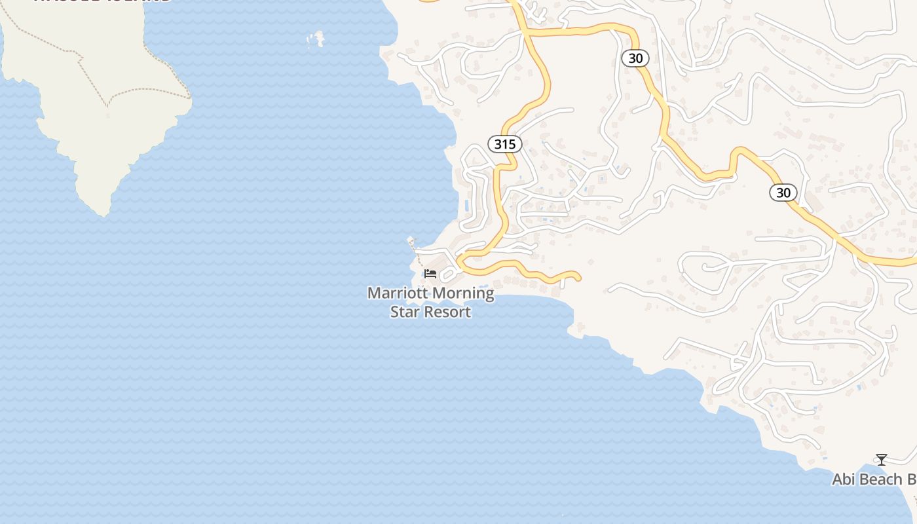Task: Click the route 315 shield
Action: (x=504, y=144)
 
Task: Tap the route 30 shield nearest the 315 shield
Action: (x=635, y=58)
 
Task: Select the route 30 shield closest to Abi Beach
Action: (x=783, y=193)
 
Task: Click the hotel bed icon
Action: (x=430, y=273)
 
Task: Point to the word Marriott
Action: (x=392, y=293)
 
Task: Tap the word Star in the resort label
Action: (x=404, y=311)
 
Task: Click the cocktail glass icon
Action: (x=882, y=460)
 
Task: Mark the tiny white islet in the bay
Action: (x=317, y=39)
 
